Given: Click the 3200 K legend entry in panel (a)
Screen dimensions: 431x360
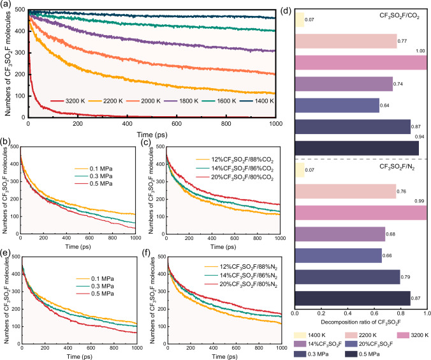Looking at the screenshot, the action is pyautogui.click(x=68, y=101).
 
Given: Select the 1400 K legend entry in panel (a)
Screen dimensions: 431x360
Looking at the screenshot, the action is pyautogui.click(x=257, y=101).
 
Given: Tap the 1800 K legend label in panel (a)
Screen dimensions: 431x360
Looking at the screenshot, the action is pyautogui.click(x=189, y=101).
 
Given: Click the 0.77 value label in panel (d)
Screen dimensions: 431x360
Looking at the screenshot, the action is pyautogui.click(x=402, y=41).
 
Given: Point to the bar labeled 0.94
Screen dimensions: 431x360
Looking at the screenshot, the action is pyautogui.click(x=357, y=148).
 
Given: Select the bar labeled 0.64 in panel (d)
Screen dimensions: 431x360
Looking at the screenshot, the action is pyautogui.click(x=337, y=105).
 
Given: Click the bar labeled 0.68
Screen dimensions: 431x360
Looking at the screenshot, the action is pyautogui.click(x=340, y=234).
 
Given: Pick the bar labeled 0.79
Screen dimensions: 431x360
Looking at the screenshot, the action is pyautogui.click(x=347, y=277).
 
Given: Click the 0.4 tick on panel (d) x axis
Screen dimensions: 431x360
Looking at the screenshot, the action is pyautogui.click(x=347, y=314).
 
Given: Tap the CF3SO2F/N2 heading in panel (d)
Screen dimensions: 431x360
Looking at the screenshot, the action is pyautogui.click(x=397, y=167).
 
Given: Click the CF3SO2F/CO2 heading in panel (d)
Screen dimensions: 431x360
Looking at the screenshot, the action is pyautogui.click(x=399, y=16).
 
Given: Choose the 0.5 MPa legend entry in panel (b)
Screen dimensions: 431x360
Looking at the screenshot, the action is pyautogui.click(x=94, y=184).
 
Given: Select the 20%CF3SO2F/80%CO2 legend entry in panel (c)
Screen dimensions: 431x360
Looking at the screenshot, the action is pyautogui.click(x=235, y=177).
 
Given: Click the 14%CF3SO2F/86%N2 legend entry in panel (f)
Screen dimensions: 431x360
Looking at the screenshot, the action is pyautogui.click(x=241, y=276).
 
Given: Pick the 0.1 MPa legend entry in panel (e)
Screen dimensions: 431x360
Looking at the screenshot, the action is pyautogui.click(x=95, y=279).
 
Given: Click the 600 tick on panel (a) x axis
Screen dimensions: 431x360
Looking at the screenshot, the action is pyautogui.click(x=177, y=124).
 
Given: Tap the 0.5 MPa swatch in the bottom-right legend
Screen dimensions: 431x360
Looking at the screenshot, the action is pyautogui.click(x=300, y=354).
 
